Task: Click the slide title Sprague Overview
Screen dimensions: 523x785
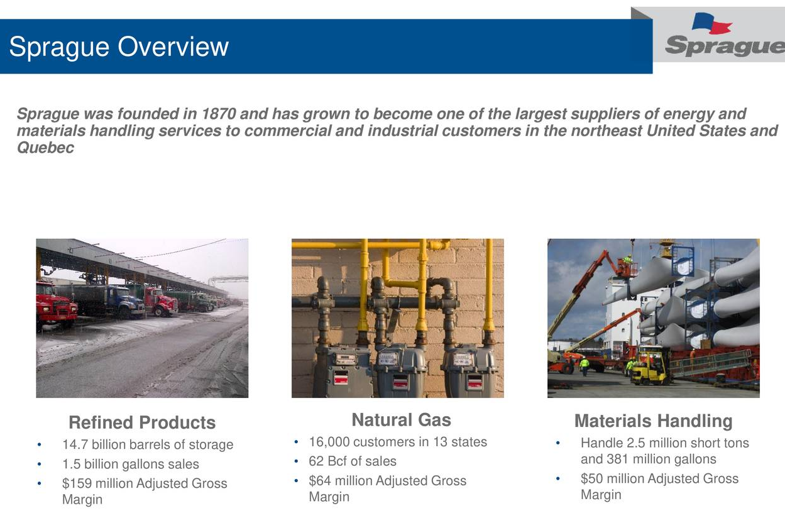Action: pyautogui.click(x=119, y=47)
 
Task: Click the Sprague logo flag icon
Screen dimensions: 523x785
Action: pyautogui.click(x=711, y=23)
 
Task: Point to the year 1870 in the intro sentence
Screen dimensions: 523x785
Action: pyautogui.click(x=219, y=114)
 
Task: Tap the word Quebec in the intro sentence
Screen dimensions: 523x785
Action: pyautogui.click(x=45, y=148)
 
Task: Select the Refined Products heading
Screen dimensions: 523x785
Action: pyautogui.click(x=142, y=422)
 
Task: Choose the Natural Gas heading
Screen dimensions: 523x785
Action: pyautogui.click(x=401, y=419)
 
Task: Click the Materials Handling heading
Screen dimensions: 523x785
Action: pyautogui.click(x=653, y=421)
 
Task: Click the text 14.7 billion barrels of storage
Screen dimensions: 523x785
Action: pyautogui.click(x=148, y=444)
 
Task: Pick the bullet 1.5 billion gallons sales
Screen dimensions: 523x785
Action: pyautogui.click(x=130, y=464)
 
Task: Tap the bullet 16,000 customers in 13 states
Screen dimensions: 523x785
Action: pyautogui.click(x=398, y=442)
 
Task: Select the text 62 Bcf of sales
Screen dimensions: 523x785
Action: pyautogui.click(x=353, y=461)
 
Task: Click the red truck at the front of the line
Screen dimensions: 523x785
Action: pyautogui.click(x=56, y=306)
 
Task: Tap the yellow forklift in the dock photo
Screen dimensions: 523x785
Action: pyautogui.click(x=649, y=366)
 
